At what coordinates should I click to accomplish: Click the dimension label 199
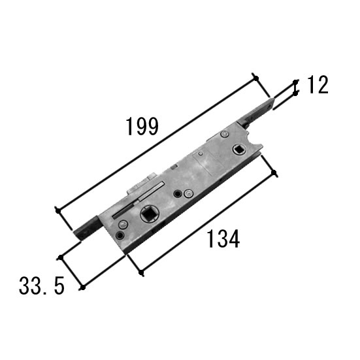point(142,126)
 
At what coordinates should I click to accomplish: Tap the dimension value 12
point(318,85)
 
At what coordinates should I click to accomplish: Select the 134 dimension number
point(223,238)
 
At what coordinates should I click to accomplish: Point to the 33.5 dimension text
point(42,286)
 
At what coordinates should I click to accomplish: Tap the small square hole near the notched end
point(239,150)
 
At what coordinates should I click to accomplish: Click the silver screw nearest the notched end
point(224,134)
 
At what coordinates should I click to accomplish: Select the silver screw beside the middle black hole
point(188,193)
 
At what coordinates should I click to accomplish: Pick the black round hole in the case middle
point(177,194)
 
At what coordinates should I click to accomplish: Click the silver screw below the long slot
point(123,224)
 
